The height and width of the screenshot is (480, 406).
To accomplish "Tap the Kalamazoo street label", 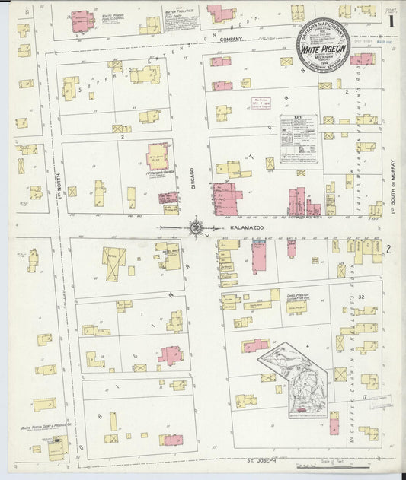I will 235,227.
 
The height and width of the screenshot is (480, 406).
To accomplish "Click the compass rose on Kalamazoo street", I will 195,227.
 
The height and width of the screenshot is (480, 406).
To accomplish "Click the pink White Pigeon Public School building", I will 82,21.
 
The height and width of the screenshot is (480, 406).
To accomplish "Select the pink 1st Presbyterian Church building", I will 158,155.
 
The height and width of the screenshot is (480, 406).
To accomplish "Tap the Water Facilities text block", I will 181,19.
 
